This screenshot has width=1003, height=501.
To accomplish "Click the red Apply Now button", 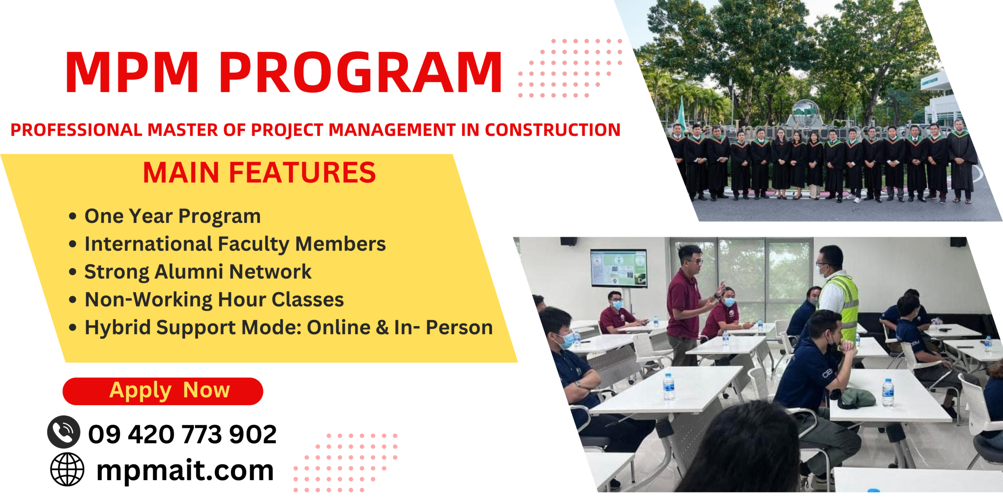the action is pos(163,391).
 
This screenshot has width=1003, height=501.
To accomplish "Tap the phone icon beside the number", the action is pos(63,432).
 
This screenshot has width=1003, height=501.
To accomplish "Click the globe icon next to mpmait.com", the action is pos(67,469).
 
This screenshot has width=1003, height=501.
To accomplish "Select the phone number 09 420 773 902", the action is pos(182,434).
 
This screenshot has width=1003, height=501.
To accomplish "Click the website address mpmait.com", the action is pos(185,471).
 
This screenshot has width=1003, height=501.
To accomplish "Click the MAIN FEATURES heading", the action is pos(259,173).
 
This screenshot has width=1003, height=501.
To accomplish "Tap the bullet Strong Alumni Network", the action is pos(198,272).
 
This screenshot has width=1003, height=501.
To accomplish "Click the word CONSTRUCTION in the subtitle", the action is pos(553,130).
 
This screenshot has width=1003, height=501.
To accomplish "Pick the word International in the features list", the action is pos(148,244).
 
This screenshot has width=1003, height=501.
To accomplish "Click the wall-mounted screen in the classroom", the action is pos(619,268).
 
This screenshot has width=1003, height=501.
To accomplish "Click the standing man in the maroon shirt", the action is pos(686,305).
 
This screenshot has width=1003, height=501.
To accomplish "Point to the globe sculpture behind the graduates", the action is pos(806,112).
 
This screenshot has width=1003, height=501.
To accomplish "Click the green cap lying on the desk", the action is pos(856,398).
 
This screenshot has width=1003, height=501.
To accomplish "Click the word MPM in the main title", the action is pos(132,73).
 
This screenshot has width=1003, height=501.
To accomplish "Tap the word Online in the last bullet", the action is pos(339,327).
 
